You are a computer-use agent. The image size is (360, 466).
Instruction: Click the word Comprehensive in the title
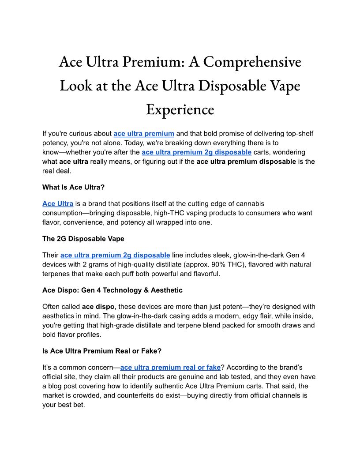[252, 62]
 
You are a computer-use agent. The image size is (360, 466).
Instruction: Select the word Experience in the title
[180, 109]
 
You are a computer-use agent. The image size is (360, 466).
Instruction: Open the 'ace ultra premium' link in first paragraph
[144, 133]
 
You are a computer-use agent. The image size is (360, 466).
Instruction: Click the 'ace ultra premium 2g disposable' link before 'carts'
[197, 152]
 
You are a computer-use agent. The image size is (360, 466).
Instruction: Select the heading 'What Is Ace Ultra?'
[73, 187]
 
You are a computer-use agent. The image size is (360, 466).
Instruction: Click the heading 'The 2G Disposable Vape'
[83, 239]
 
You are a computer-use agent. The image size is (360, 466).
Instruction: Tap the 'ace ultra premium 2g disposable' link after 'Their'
[115, 255]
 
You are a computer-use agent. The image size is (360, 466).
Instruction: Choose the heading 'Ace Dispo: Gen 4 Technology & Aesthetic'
[112, 290]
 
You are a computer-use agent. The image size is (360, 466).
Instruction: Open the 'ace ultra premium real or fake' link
[170, 367]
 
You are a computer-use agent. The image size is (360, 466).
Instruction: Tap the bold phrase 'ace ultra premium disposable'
[246, 162]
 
